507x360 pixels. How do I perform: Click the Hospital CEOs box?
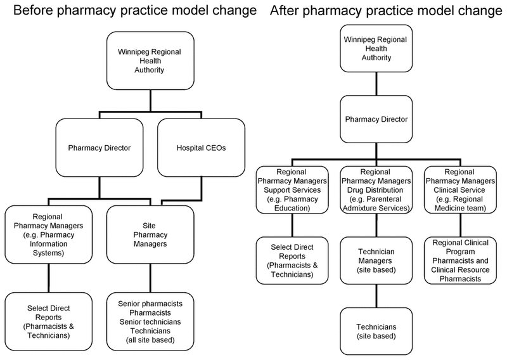click(x=201, y=148)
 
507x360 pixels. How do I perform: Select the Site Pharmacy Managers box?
click(x=150, y=235)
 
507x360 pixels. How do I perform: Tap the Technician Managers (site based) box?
click(x=376, y=260)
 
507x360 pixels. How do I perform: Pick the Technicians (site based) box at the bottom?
click(x=376, y=331)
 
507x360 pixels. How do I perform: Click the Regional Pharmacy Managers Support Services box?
click(x=292, y=190)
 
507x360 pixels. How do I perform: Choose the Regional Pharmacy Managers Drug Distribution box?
click(x=376, y=190)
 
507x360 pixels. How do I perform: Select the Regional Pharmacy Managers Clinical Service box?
click(x=461, y=190)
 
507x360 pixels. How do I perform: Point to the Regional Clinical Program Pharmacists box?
click(x=461, y=260)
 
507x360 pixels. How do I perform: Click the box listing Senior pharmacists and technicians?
click(x=150, y=321)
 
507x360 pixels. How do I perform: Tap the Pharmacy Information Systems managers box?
click(x=49, y=235)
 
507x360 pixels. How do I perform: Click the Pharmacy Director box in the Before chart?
click(x=99, y=148)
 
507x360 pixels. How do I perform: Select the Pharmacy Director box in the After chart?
click(x=376, y=119)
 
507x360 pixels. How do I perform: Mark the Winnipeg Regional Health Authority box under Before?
click(x=150, y=60)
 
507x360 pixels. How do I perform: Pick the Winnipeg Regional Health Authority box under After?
click(x=376, y=49)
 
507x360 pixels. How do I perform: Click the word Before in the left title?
click(x=33, y=10)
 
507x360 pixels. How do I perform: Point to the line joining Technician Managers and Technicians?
click(x=376, y=296)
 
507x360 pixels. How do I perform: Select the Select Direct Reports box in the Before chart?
click(x=49, y=321)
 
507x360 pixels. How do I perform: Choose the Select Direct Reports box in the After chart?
click(x=292, y=260)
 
